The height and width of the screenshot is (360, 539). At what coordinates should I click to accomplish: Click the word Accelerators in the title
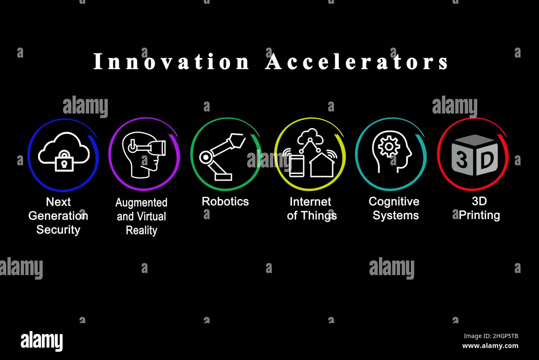click(357, 62)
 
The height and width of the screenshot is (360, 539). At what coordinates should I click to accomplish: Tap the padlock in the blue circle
click(64, 161)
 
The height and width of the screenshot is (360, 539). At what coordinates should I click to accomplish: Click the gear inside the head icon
click(389, 146)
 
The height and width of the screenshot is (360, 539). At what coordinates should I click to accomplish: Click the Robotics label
click(225, 201)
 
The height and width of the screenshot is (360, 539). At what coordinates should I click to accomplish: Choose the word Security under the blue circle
click(58, 230)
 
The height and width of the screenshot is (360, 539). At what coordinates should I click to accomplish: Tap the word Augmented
click(141, 203)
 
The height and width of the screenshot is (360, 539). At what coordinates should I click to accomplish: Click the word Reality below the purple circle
click(141, 230)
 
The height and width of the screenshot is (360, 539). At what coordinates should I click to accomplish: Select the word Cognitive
click(394, 202)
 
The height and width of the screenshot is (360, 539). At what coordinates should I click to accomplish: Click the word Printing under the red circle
click(479, 215)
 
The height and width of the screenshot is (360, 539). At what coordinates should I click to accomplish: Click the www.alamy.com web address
click(490, 346)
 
